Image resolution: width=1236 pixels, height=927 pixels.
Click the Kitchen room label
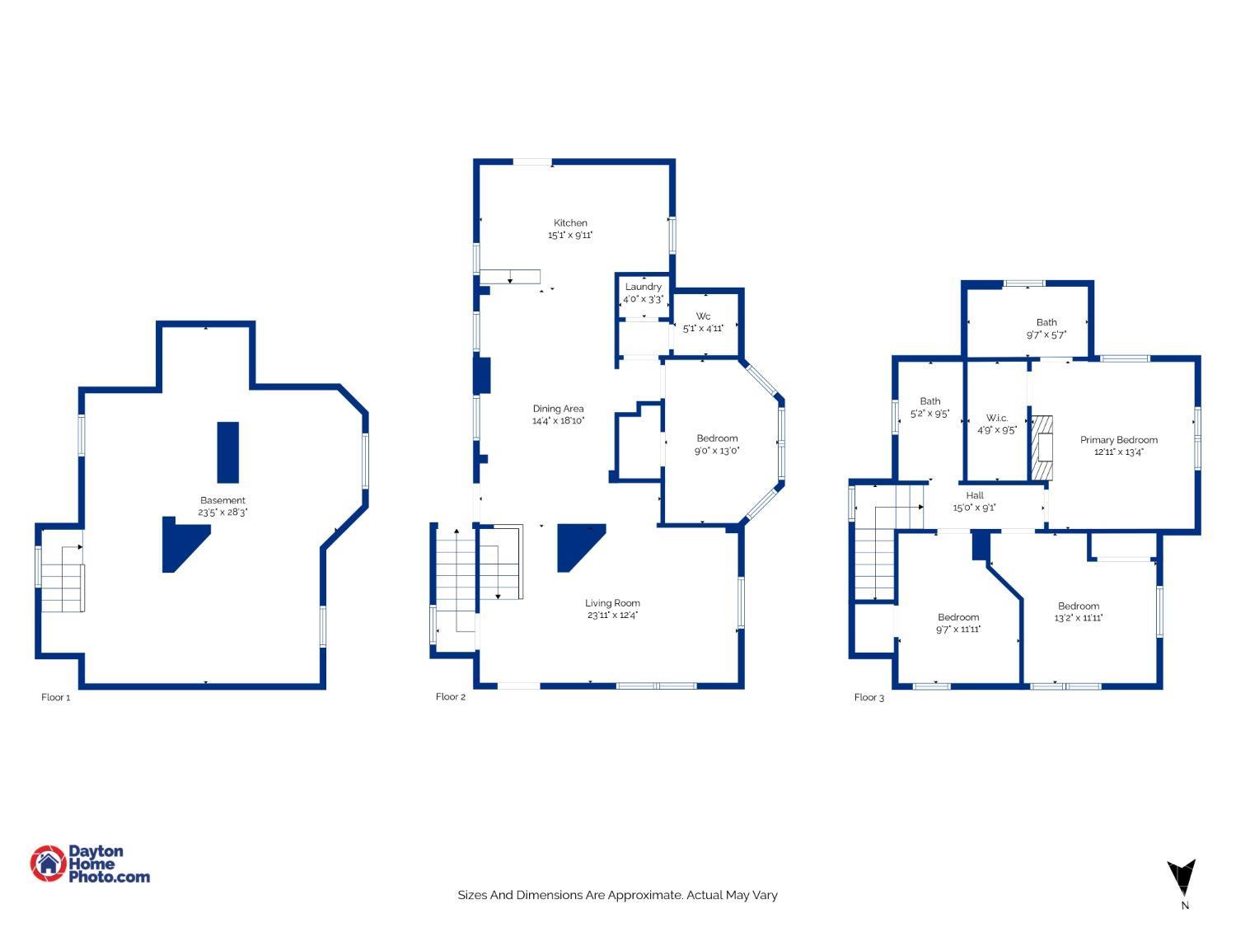click(x=570, y=222)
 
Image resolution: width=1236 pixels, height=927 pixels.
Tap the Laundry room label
click(x=643, y=287)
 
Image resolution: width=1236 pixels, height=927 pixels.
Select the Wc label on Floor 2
click(x=703, y=316)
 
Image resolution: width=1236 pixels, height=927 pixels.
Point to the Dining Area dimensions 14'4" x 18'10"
click(x=558, y=420)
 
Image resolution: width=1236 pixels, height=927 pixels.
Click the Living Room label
click(x=612, y=603)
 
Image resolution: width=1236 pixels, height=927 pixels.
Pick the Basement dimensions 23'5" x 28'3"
click(x=222, y=513)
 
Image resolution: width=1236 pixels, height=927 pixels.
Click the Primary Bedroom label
click(x=1118, y=439)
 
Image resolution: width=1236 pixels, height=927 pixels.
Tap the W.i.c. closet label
click(x=997, y=418)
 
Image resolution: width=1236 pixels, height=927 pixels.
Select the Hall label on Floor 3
click(x=975, y=495)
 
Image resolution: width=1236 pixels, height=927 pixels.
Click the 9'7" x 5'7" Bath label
click(x=1046, y=322)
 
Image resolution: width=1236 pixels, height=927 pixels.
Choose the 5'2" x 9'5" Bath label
click(x=929, y=401)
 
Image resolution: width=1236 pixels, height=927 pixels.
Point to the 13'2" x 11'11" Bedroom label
click(x=1079, y=606)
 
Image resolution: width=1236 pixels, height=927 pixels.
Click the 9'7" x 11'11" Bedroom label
click(x=957, y=617)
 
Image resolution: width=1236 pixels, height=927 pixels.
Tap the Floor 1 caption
click(x=56, y=697)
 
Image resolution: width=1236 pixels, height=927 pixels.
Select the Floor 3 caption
click(x=868, y=697)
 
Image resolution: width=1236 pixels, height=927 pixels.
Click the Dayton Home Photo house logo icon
click(x=49, y=863)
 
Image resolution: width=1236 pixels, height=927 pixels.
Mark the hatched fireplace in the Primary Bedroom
click(x=1042, y=447)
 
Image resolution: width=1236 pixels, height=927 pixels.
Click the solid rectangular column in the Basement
click(x=228, y=452)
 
